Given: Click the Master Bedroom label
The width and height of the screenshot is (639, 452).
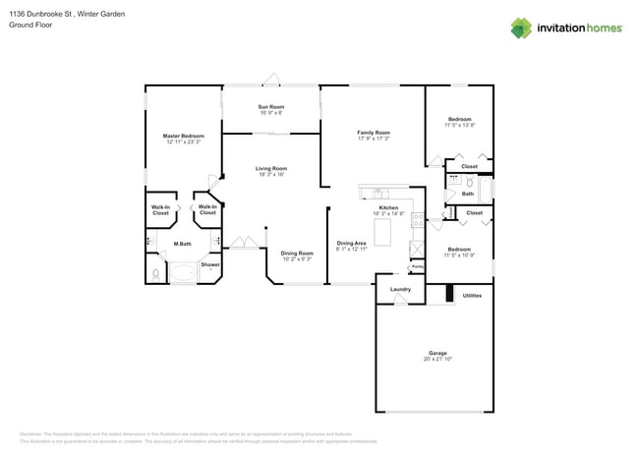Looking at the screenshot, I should (x=184, y=136).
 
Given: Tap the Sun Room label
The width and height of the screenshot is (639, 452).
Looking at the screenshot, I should (x=271, y=106).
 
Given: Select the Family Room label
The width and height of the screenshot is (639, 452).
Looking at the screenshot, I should (x=374, y=132).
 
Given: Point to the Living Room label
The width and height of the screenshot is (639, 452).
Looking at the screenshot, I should (x=271, y=168).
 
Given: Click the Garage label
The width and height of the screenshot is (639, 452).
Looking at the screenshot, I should (x=437, y=353).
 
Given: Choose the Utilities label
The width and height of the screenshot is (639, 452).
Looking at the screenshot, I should (x=472, y=295).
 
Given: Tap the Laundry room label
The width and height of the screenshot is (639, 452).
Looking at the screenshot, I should (x=400, y=289).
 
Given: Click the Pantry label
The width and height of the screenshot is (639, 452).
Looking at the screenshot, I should (x=417, y=266).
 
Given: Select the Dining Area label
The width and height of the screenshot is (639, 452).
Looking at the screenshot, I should (x=352, y=243).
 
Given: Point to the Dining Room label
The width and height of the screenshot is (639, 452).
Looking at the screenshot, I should (x=297, y=253).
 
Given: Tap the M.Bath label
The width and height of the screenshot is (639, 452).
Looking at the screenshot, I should (x=182, y=244).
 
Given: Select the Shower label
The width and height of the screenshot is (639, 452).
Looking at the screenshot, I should (x=210, y=264).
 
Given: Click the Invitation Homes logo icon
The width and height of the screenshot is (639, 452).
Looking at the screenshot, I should (x=521, y=28).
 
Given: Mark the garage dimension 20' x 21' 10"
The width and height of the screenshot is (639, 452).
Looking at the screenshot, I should (x=437, y=360).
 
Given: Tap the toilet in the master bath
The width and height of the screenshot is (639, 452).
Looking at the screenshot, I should (x=157, y=273).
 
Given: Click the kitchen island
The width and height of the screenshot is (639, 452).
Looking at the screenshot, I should (x=385, y=233).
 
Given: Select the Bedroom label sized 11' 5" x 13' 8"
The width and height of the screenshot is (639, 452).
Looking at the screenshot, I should (x=459, y=119).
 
